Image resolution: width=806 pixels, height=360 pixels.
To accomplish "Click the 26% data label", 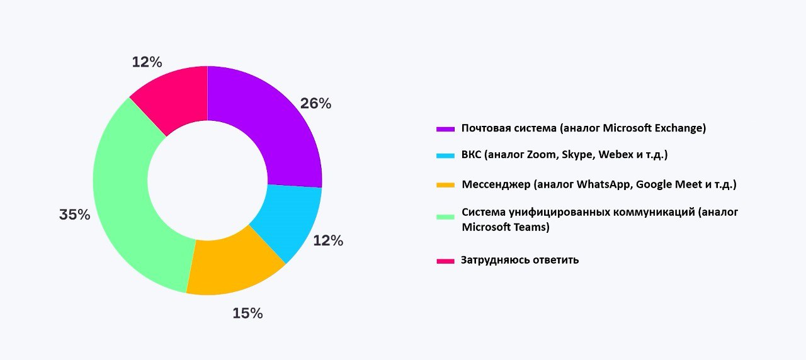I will click(x=315, y=104).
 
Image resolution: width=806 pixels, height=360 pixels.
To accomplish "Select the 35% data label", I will click(x=74, y=215).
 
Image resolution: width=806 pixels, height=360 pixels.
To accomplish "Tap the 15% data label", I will click(x=247, y=313).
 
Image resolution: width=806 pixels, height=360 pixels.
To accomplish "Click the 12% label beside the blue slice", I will click(x=328, y=240).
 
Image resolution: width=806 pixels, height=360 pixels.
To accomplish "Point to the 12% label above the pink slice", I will click(x=147, y=62).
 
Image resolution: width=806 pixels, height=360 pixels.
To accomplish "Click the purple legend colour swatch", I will click(x=445, y=129).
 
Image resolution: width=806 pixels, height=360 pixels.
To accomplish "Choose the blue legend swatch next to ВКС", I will click(x=445, y=155).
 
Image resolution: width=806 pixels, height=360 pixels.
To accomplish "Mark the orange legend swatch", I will click(x=445, y=185).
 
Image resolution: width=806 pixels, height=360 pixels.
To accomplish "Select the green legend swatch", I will click(x=445, y=217).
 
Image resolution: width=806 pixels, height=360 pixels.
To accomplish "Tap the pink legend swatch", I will click(x=445, y=261).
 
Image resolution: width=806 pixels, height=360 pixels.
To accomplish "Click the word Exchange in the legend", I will click(x=680, y=128).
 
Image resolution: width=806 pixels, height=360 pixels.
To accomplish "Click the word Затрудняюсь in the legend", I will click(x=492, y=260).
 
